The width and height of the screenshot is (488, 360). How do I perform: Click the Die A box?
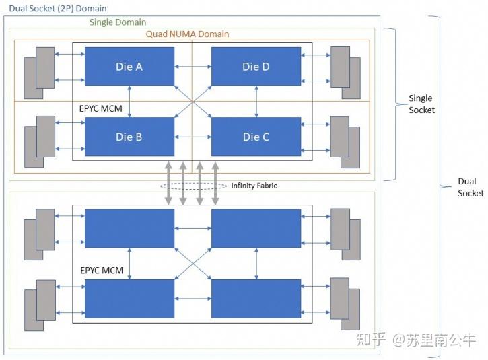(129, 67)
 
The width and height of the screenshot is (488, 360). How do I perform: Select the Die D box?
(256, 67)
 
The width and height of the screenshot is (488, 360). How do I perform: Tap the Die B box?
(129, 137)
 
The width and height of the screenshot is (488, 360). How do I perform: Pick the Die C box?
(256, 137)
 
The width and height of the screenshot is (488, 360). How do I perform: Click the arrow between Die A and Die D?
(193, 66)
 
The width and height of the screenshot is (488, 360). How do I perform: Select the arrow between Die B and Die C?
(193, 137)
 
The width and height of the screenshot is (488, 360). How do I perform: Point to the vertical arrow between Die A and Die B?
(129, 102)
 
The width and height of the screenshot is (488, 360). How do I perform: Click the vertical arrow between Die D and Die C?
(256, 102)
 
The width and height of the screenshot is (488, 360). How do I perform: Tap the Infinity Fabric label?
(254, 186)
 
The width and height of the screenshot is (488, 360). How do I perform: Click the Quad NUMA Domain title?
(187, 34)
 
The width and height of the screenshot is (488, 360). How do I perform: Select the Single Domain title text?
(118, 22)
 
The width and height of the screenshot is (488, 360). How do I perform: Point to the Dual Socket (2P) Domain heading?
(58, 8)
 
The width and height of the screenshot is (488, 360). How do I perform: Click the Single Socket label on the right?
(421, 104)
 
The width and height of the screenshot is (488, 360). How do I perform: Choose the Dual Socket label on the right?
(470, 187)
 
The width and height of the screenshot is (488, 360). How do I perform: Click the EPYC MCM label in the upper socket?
(100, 108)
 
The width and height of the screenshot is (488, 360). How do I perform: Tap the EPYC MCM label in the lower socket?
(102, 270)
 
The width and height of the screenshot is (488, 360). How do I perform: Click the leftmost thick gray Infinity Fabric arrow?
(168, 183)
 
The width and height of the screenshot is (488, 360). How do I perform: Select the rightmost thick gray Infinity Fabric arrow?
(215, 183)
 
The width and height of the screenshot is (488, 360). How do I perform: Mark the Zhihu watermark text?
(416, 339)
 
